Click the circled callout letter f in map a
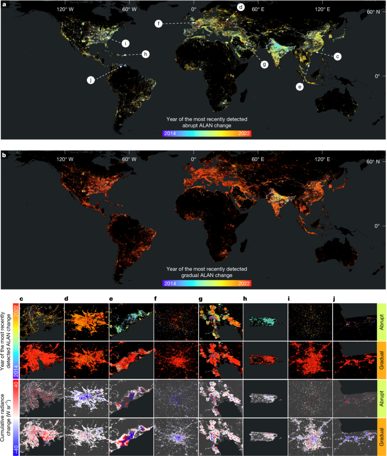pos(158,23)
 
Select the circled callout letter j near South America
pos(91,80)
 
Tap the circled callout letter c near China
pos(338,57)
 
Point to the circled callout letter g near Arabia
pos(264,64)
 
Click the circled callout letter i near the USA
pos(126,43)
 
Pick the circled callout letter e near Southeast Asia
pos(299,87)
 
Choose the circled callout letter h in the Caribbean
pos(145,54)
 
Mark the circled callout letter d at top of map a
pos(240,7)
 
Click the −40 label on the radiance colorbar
pos(16,448)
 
